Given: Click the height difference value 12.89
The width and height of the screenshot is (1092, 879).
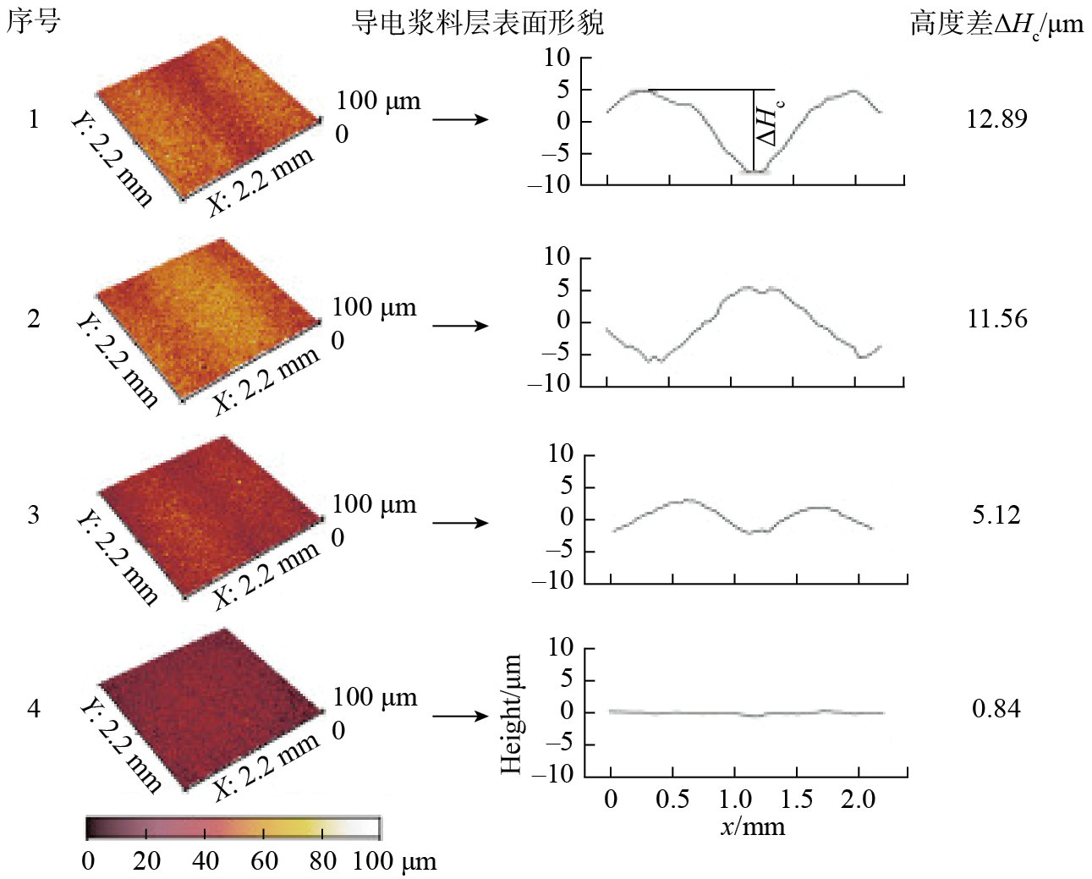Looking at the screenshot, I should pos(996,118).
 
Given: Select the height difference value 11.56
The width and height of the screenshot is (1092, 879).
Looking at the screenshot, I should pos(996,319).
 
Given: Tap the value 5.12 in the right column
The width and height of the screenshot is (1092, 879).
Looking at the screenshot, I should pos(996,514).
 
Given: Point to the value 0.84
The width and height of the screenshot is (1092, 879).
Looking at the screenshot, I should pos(996,708).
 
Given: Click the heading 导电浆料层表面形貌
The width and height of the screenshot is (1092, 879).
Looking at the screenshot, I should pos(477,23).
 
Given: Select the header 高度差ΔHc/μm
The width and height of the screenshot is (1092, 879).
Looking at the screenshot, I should pos(996,25).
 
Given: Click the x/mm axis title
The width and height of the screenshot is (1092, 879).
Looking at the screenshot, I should pos(752,827).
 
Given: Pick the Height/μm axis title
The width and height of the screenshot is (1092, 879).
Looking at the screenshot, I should pos(511,714).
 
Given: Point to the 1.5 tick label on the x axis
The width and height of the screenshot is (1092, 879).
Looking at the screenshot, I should pos(796,799).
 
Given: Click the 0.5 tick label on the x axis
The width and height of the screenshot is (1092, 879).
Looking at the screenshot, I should pos(672,799).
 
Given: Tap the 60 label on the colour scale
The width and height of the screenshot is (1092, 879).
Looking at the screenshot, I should pos(264,861).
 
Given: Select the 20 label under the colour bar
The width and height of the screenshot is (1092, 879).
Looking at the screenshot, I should pos(146,861).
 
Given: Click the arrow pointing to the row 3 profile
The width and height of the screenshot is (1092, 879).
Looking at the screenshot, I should pos(460,523).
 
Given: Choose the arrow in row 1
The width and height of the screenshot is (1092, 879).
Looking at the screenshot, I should pos(460,119).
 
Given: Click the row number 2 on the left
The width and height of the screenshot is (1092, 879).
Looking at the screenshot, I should pos(33,319).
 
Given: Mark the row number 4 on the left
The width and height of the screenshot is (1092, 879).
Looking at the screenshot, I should pos(33,708).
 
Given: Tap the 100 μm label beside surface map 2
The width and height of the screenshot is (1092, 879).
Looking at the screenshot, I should pos(374,307).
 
